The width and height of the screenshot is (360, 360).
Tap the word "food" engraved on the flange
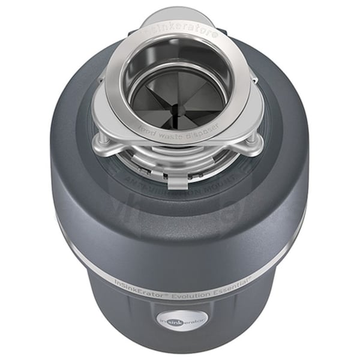coord(148,127)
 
